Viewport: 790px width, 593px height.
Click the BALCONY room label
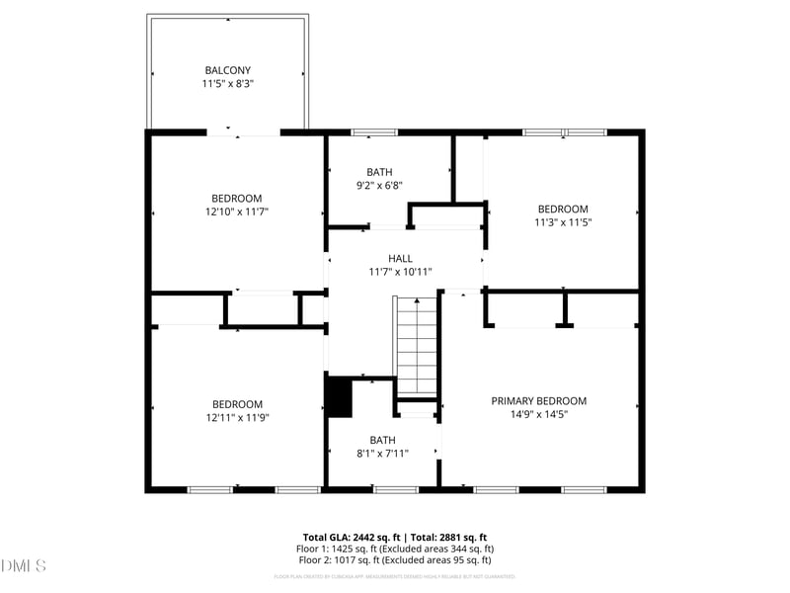pos(228,70)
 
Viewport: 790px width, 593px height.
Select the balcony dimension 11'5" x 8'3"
pos(228,84)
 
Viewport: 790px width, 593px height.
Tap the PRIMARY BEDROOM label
pos(539,400)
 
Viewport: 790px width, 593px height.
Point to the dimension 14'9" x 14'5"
pos(539,414)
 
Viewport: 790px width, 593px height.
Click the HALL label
pos(400,258)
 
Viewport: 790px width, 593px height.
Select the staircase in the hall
pos(417,346)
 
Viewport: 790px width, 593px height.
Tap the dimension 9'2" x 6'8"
pos(379,185)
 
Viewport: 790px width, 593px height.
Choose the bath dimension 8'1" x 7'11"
pos(382,453)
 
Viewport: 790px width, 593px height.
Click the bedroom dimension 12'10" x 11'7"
pos(237,212)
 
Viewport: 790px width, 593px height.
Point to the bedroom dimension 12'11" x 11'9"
pos(237,417)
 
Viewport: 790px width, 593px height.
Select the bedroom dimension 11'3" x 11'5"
pos(563,222)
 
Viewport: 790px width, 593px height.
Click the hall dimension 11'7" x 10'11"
pos(400,272)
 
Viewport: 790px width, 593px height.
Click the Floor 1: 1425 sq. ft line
pos(395,549)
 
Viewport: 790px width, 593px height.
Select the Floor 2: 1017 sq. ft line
pos(395,559)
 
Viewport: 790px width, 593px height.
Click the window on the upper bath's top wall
pos(374,131)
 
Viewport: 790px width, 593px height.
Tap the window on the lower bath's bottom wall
pos(396,489)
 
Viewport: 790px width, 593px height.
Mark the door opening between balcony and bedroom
pos(244,131)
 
